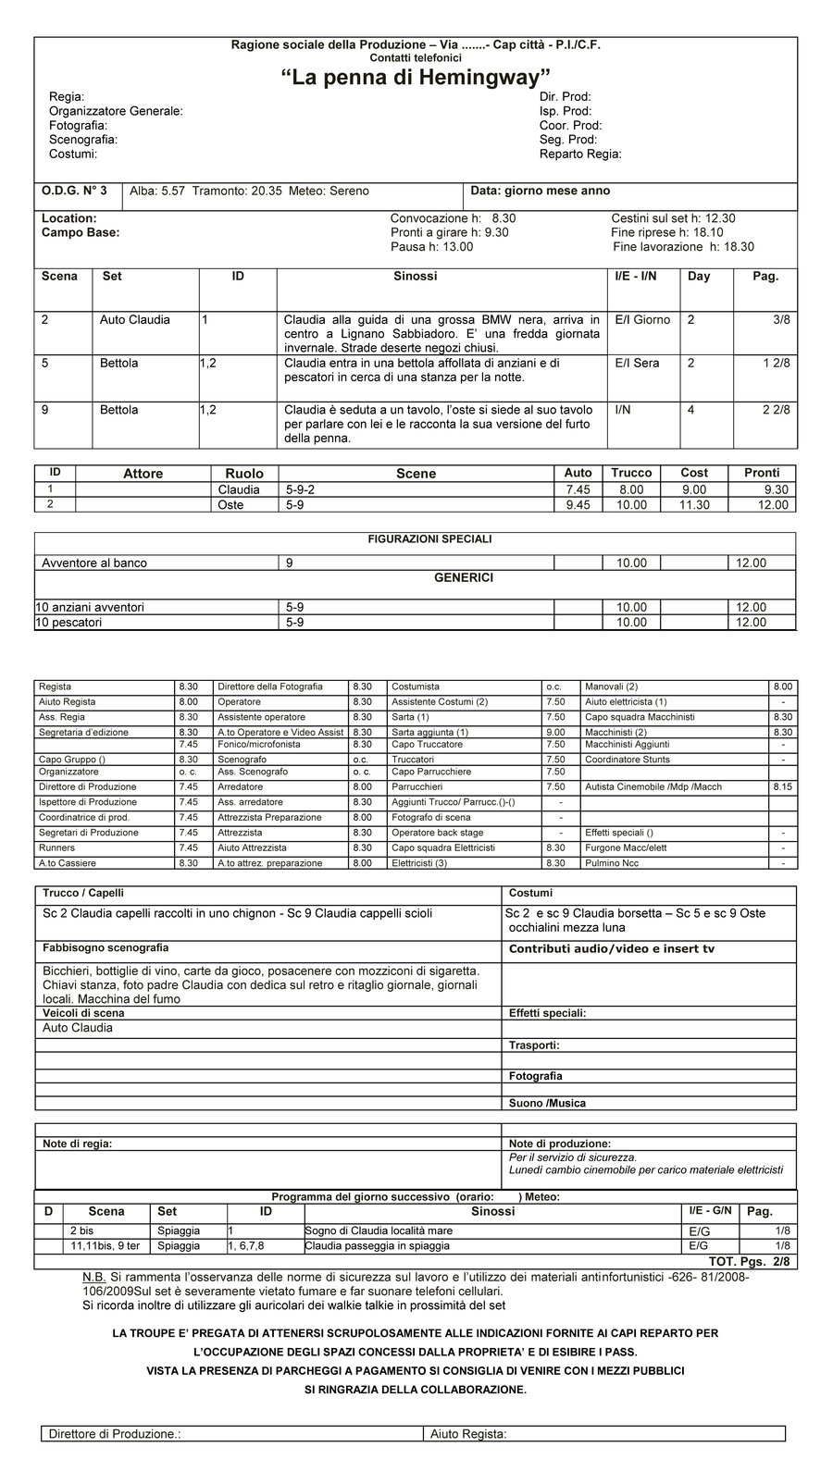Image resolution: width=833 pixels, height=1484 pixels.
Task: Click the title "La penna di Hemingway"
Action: [x=416, y=79]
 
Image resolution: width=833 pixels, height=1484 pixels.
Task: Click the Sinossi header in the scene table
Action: [x=415, y=276]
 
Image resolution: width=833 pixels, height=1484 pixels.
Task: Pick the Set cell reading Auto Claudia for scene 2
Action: [x=135, y=320]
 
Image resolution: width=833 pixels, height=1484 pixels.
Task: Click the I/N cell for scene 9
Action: [x=622, y=410]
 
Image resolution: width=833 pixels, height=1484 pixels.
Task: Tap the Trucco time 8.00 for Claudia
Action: [x=632, y=489]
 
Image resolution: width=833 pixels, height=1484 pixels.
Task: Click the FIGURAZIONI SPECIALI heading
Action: [x=416, y=538]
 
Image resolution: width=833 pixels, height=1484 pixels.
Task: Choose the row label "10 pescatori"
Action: [x=69, y=623]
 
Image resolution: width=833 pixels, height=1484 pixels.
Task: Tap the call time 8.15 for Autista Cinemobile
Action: [x=782, y=787]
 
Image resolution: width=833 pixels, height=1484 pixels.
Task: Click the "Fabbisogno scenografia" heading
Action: [x=106, y=948]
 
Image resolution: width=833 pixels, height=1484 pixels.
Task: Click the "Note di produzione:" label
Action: [x=559, y=1144]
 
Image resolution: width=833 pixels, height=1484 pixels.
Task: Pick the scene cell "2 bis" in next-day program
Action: [x=82, y=1230]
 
